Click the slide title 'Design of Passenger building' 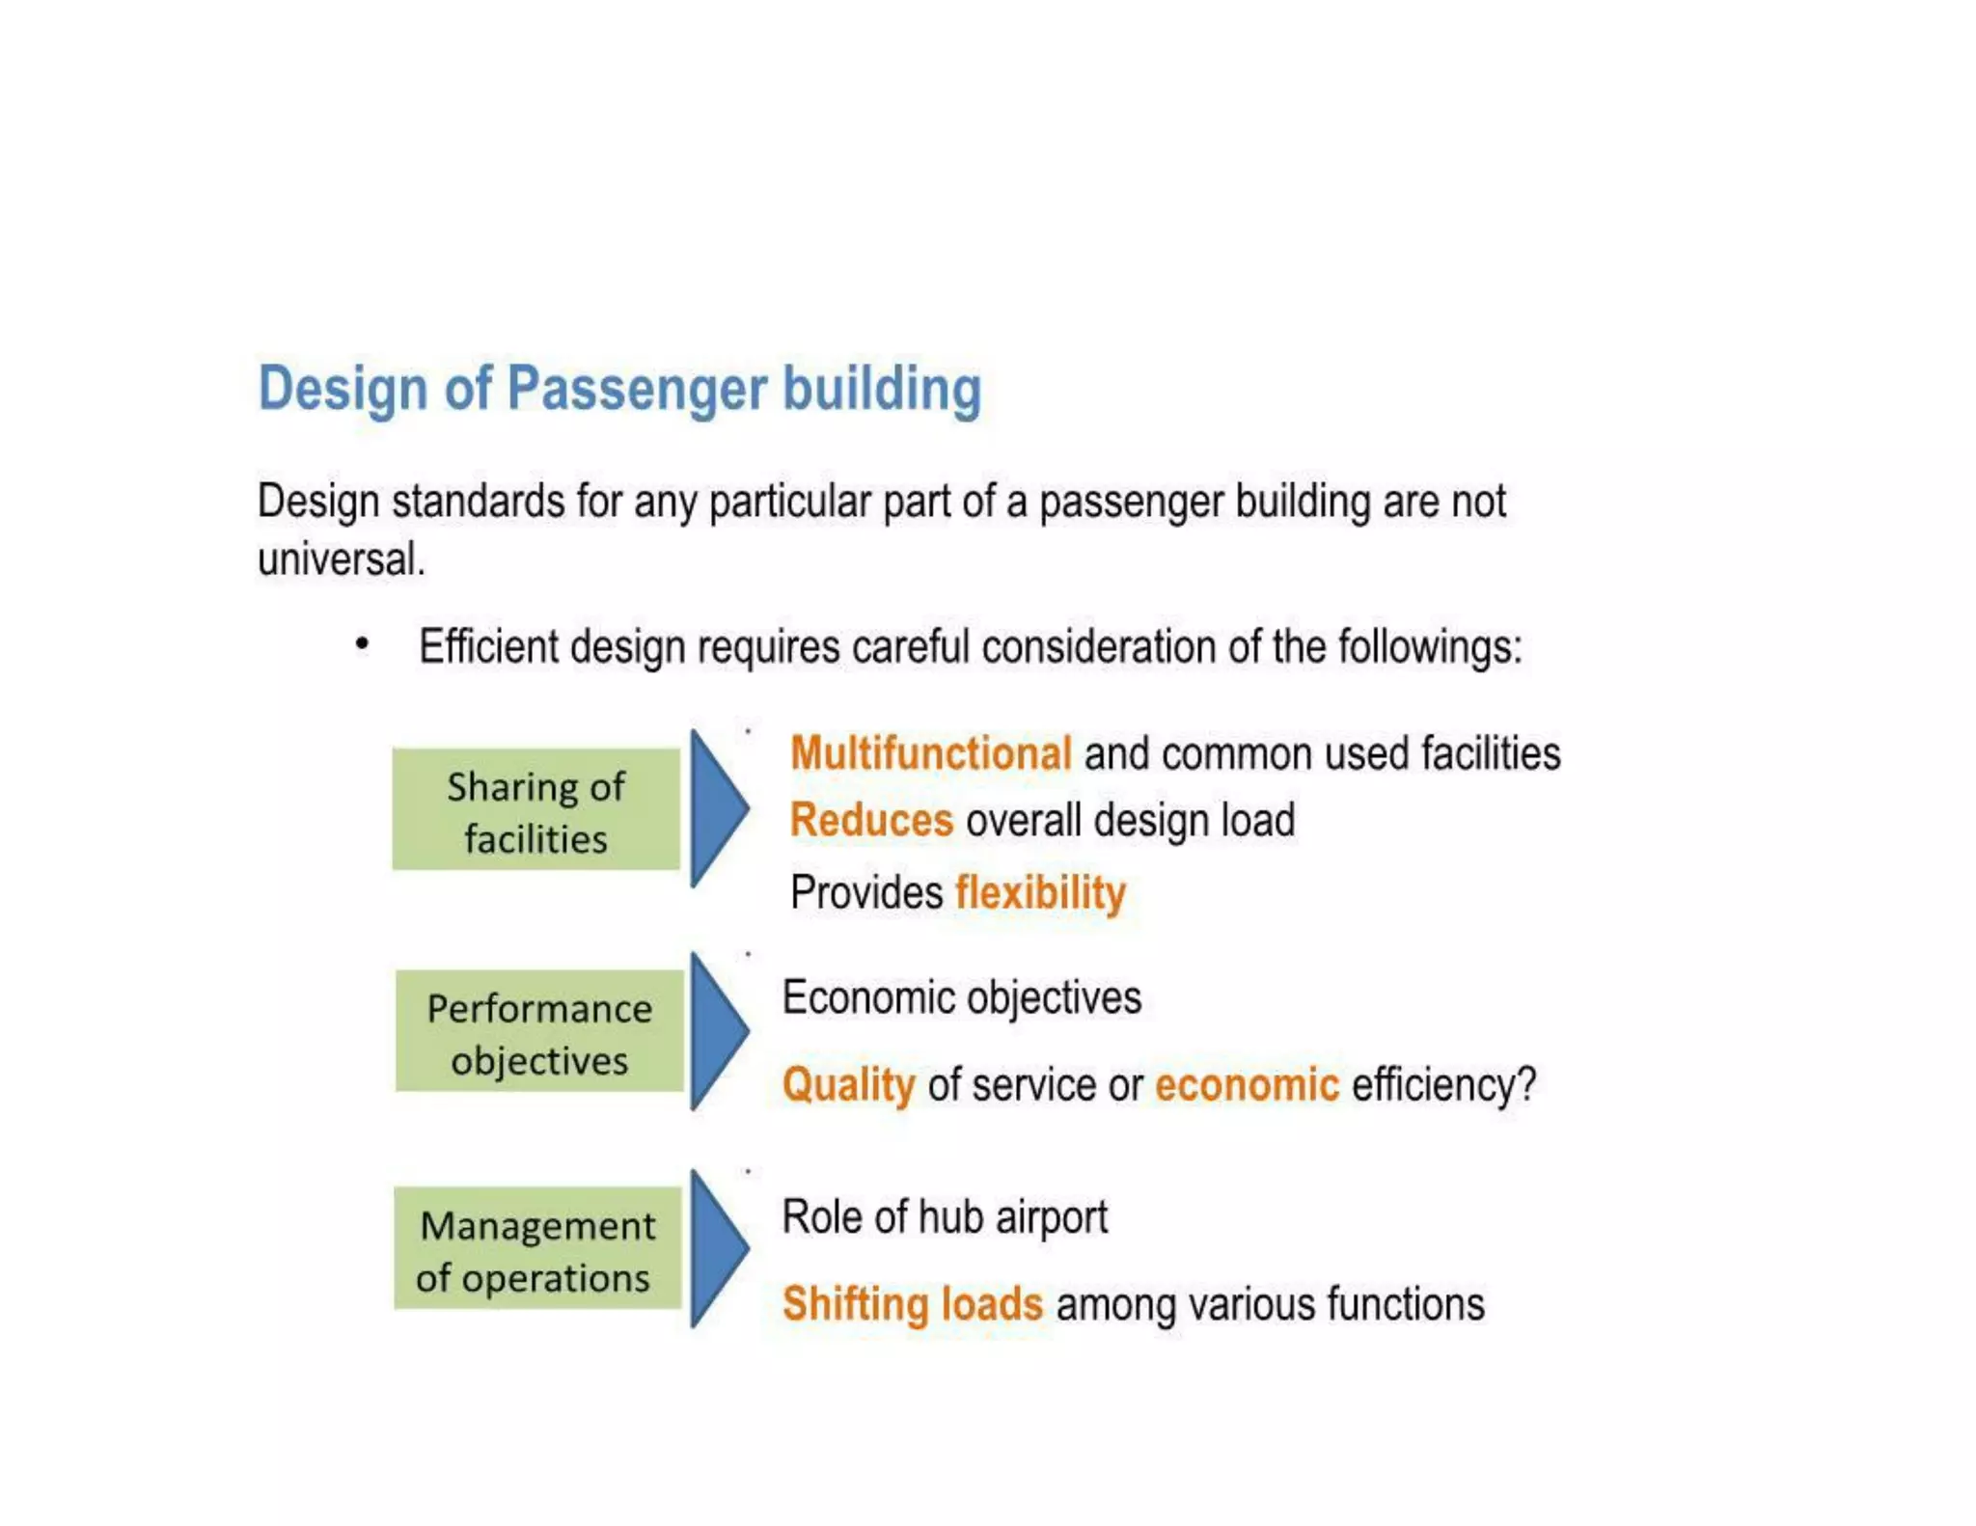click(619, 389)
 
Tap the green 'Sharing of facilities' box click(536, 810)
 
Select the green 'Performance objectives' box click(539, 1032)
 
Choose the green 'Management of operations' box click(537, 1249)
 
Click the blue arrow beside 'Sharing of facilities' click(717, 808)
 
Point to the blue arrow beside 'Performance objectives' click(717, 1030)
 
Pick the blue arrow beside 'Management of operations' click(717, 1247)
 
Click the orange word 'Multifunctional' click(930, 753)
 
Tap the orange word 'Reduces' click(871, 821)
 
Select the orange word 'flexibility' click(1040, 892)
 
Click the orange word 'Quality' click(848, 1085)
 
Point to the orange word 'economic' click(1247, 1085)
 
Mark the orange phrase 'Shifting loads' click(913, 1304)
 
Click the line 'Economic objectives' click(961, 998)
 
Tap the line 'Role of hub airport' click(945, 1217)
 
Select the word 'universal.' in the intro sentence click(341, 559)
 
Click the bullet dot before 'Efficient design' click(362, 643)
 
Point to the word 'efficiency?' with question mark click(1443, 1085)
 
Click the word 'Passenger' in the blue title click(637, 389)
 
